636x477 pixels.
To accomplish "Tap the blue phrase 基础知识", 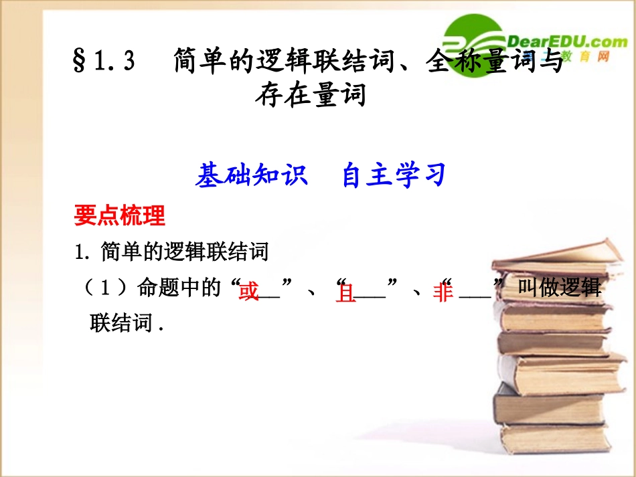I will [251, 175].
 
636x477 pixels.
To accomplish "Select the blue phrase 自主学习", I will [393, 175].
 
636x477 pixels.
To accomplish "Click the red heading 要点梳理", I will [120, 216].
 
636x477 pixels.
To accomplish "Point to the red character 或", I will [248, 292].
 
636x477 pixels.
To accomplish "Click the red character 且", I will [345, 292].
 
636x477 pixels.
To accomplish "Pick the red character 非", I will [443, 292].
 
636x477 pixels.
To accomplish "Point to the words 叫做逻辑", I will [560, 289].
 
